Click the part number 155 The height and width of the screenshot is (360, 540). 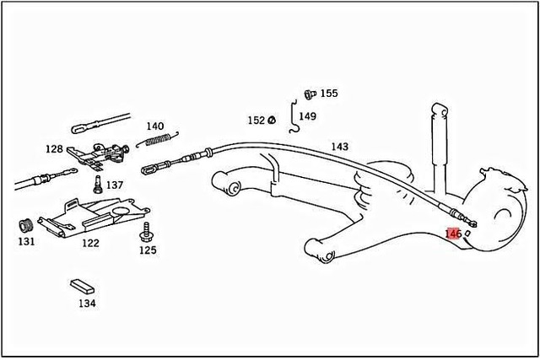tap(328, 94)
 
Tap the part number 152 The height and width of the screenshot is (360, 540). tap(256, 121)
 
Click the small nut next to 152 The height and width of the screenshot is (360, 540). tap(272, 121)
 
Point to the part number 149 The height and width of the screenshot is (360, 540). tap(307, 116)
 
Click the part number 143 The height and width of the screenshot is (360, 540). tap(339, 147)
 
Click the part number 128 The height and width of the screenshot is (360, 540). tap(54, 149)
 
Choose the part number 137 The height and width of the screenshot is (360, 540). tap(114, 185)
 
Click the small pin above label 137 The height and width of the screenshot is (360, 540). tap(98, 181)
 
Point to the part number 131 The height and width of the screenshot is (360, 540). tap(26, 241)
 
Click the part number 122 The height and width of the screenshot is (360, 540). tap(90, 243)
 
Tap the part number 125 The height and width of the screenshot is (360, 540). tap(148, 250)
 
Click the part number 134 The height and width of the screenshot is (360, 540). tap(88, 303)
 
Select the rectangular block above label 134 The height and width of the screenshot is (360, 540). tap(83, 286)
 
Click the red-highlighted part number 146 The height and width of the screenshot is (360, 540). tap(452, 233)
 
